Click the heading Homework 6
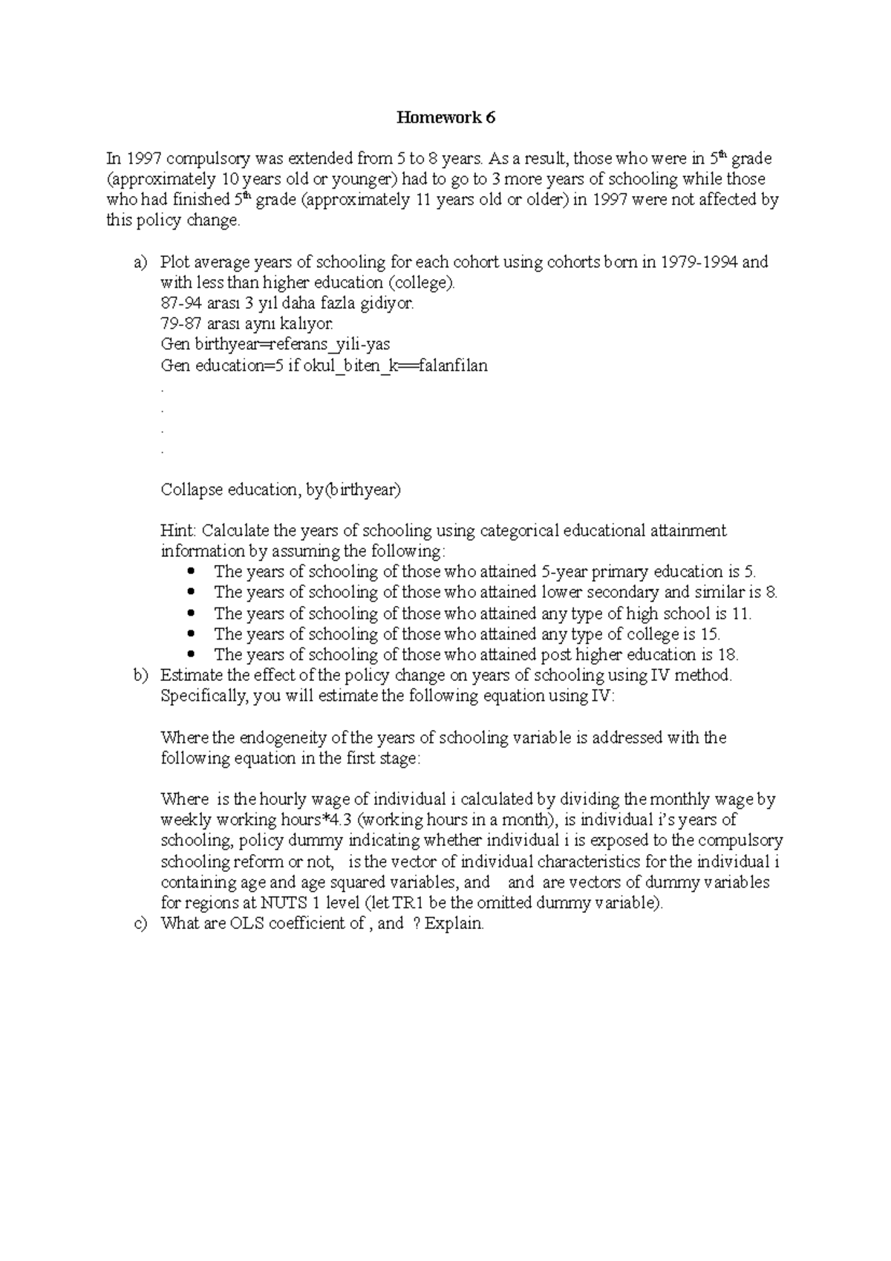(446, 117)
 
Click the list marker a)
(140, 262)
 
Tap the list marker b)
(140, 676)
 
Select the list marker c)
(140, 924)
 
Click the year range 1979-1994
(699, 262)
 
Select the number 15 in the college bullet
(709, 634)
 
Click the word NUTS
(280, 904)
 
